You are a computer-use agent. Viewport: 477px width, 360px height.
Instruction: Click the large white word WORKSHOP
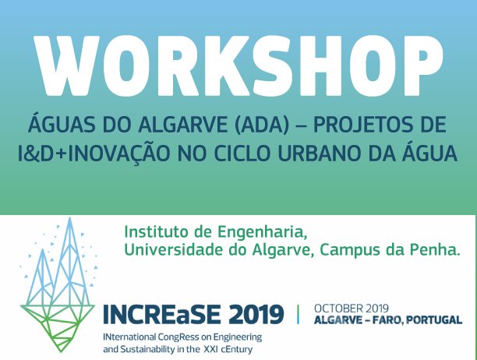tap(238, 65)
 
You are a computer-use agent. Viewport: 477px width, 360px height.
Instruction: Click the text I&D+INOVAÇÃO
tap(94, 152)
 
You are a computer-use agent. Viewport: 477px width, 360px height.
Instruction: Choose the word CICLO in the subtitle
tap(242, 154)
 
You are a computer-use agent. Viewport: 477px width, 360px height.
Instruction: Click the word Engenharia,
tap(261, 233)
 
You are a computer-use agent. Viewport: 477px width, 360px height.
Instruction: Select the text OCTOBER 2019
tap(352, 309)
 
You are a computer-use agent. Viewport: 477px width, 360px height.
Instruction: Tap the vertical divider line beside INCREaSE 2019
tap(298, 314)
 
